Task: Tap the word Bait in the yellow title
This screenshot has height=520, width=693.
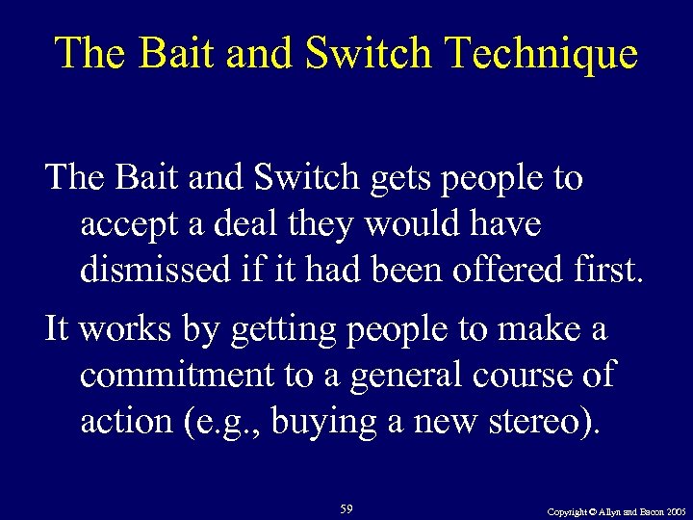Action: (x=176, y=53)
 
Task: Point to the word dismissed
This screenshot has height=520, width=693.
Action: (x=156, y=271)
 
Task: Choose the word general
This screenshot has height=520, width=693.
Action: (x=392, y=374)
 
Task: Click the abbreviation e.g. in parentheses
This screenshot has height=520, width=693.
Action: (x=231, y=421)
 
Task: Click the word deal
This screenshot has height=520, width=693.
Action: (x=244, y=226)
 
